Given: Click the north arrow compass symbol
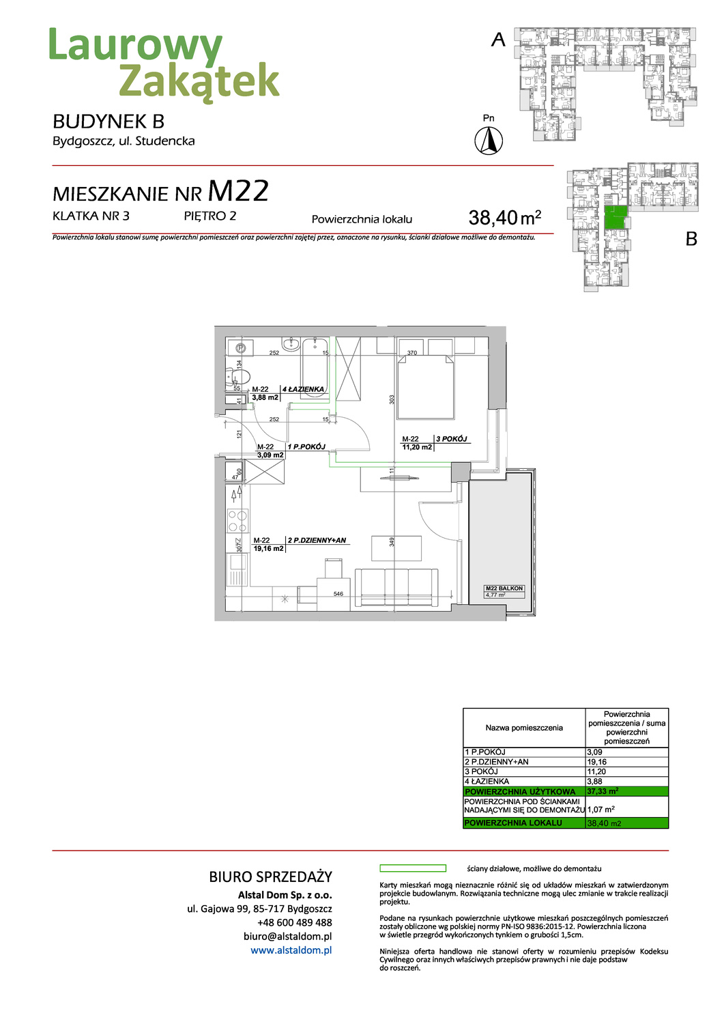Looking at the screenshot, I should coord(489,141).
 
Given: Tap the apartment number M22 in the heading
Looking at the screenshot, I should coord(238,192).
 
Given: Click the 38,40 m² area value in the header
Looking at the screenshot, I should coord(504,218).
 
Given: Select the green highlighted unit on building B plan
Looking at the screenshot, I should coord(616,218).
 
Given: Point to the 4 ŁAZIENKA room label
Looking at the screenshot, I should coord(304,389).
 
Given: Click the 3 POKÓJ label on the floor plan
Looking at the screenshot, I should coord(452,439).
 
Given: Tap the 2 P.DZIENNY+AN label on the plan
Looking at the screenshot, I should coord(317,540).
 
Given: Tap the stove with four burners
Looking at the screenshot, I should coord(237,521).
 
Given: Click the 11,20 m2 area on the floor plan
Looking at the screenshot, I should coord(417,447).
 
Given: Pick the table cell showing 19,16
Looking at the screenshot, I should coord(597,762).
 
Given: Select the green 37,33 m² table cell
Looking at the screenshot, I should coord(626,791).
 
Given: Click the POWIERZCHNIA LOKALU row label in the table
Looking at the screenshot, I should coord(513,823).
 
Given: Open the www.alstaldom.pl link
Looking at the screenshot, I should coord(291,950).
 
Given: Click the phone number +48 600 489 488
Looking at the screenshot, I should coord(295,922).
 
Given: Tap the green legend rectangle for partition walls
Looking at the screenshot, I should coord(413,868).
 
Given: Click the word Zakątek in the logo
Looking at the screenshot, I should coord(199,81).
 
